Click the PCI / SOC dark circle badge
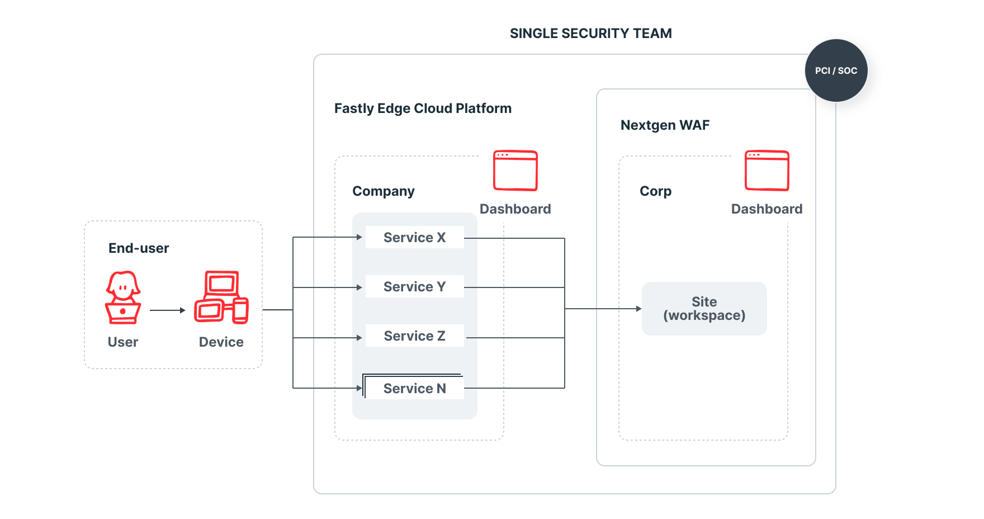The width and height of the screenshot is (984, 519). tap(836, 70)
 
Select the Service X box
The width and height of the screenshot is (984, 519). tap(414, 237)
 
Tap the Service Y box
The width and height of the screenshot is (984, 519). tap(414, 286)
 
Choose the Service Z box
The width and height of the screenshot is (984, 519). tap(414, 336)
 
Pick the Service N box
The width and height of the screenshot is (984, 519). tap(414, 388)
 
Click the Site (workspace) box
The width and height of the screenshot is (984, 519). tap(704, 309)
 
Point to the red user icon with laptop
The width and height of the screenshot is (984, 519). tap(123, 298)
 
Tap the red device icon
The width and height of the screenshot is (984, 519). tap(221, 298)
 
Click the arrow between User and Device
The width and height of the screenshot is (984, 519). tap(168, 310)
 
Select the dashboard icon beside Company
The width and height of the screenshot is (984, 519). tap(515, 171)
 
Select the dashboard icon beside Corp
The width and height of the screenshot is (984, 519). tap(767, 171)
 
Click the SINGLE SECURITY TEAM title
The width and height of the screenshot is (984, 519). tap(590, 34)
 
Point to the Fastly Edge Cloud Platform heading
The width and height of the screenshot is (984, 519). tap(423, 108)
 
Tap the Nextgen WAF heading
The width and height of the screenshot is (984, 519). tap(665, 125)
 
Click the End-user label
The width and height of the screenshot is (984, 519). tap(139, 248)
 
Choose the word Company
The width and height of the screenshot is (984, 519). tap(384, 191)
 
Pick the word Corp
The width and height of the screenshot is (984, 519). tap(655, 191)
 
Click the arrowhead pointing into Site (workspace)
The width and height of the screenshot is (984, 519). tap(638, 309)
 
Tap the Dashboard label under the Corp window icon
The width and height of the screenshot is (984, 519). tap(767, 209)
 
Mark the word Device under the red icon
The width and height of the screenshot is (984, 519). tap(221, 342)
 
